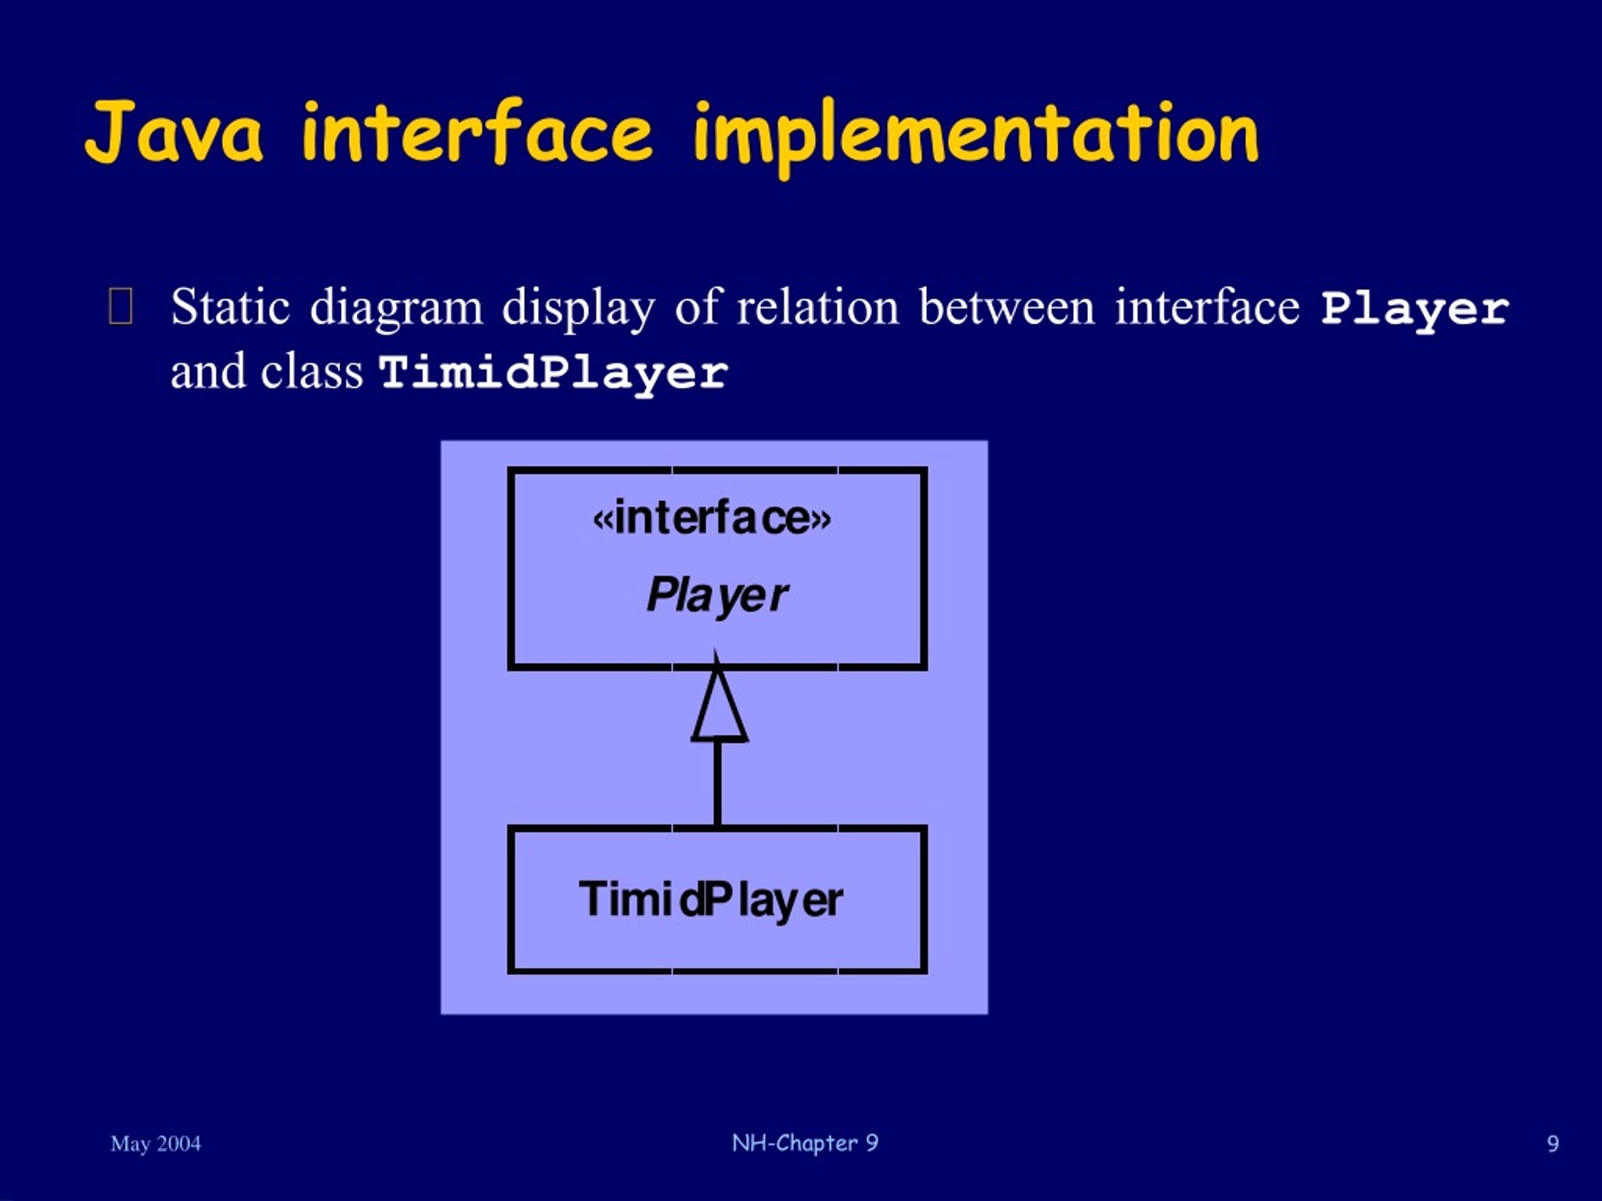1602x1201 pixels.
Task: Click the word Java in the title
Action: [x=174, y=132]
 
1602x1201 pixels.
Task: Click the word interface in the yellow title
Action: [x=477, y=132]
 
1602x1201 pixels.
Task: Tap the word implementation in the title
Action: [x=976, y=134]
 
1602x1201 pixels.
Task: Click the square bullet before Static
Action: [x=120, y=307]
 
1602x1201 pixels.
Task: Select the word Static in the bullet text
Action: [x=230, y=307]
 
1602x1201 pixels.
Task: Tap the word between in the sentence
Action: [x=1007, y=307]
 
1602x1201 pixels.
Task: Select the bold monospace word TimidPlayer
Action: [x=553, y=373]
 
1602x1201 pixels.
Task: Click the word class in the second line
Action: [x=312, y=372]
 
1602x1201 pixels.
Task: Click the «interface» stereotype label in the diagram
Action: [x=712, y=519]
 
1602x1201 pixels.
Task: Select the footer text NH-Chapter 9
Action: [x=805, y=1142]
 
